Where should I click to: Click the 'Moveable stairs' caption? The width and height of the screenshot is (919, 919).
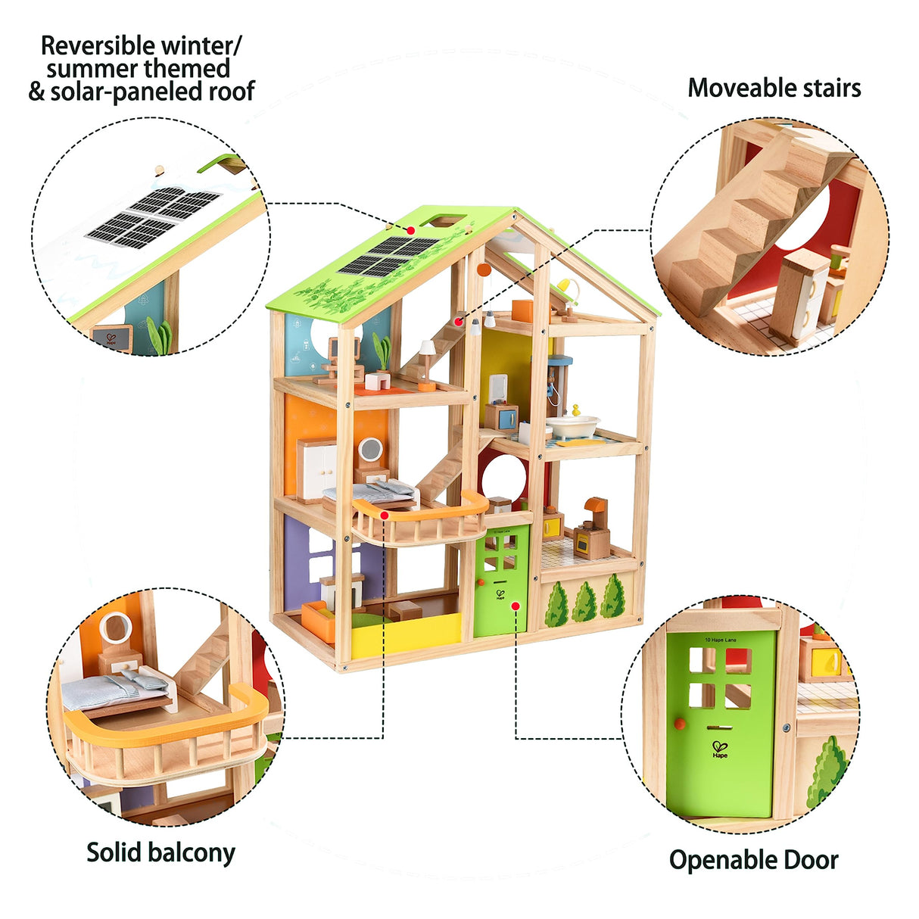pyautogui.click(x=774, y=88)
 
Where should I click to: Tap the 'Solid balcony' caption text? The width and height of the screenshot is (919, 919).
pyautogui.click(x=160, y=852)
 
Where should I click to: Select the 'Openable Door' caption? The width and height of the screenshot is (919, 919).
pyautogui.click(x=753, y=860)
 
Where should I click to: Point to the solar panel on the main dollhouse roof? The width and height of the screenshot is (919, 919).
pyautogui.click(x=388, y=256)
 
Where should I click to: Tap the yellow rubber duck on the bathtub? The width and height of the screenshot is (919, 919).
pyautogui.click(x=576, y=410)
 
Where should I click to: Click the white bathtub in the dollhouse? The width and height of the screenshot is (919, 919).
pyautogui.click(x=572, y=425)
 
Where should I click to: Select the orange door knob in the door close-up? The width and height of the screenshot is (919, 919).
pyautogui.click(x=679, y=724)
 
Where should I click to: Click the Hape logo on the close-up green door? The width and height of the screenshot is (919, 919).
pyautogui.click(x=720, y=750)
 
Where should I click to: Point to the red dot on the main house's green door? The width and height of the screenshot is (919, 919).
pyautogui.click(x=515, y=606)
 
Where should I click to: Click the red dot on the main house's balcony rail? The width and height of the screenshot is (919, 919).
pyautogui.click(x=385, y=516)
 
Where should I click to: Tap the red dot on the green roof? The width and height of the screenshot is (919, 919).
pyautogui.click(x=410, y=230)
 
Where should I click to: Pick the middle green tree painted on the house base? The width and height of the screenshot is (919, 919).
pyautogui.click(x=584, y=603)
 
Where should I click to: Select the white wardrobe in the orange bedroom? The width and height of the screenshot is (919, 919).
pyautogui.click(x=316, y=469)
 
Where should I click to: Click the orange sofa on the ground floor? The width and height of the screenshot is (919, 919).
pyautogui.click(x=319, y=619)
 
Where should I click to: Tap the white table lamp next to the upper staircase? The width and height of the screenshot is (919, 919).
pyautogui.click(x=427, y=357)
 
